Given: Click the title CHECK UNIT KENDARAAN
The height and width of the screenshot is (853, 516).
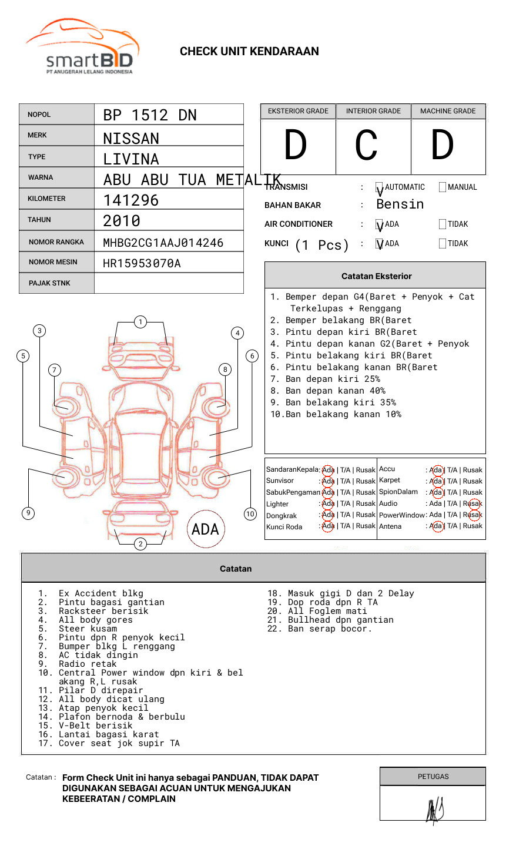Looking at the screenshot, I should tap(249, 52).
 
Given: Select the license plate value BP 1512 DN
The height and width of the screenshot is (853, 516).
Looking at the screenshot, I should tap(150, 115).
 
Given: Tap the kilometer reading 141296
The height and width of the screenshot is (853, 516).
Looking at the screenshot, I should tap(131, 200).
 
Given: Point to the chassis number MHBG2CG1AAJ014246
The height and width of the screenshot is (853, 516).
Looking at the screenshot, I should tap(163, 243).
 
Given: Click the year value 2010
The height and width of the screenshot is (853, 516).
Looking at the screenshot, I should tap(122, 221).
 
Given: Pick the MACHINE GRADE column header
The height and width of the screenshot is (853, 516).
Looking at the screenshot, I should tap(448, 111).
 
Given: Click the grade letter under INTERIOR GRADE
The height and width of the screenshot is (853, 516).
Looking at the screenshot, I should tap(366, 145).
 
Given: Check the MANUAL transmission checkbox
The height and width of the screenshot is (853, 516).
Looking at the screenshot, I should tap(443, 187).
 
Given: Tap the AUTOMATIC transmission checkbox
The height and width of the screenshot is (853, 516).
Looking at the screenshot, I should tap(379, 187).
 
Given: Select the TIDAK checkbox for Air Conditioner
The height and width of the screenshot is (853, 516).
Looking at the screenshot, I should tap(443, 224).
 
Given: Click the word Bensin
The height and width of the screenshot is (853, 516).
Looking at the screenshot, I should tap(400, 204).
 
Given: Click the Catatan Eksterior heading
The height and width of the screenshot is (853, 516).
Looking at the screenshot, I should tap(376, 276).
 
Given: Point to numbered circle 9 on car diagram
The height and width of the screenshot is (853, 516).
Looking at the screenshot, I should tap(28, 513).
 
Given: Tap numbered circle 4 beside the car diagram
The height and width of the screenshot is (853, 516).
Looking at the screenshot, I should tap(237, 333).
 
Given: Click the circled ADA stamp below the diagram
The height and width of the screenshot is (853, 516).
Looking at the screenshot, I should tap(205, 529).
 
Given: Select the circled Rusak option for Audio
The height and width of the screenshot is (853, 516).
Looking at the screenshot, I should tap(473, 503).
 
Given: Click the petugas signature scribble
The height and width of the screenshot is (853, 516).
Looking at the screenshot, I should tap(434, 810).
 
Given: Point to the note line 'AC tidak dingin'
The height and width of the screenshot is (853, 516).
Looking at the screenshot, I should tap(98, 655).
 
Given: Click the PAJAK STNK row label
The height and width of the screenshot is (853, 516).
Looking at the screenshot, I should tap(49, 283).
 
